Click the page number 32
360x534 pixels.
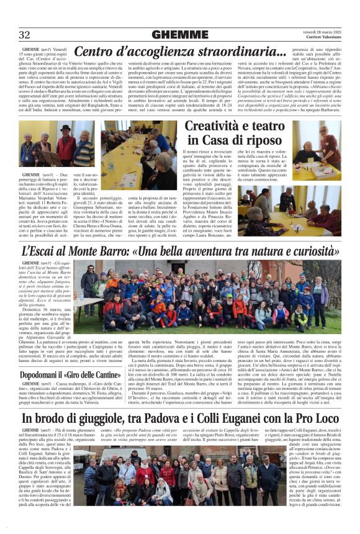(25, 34)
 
